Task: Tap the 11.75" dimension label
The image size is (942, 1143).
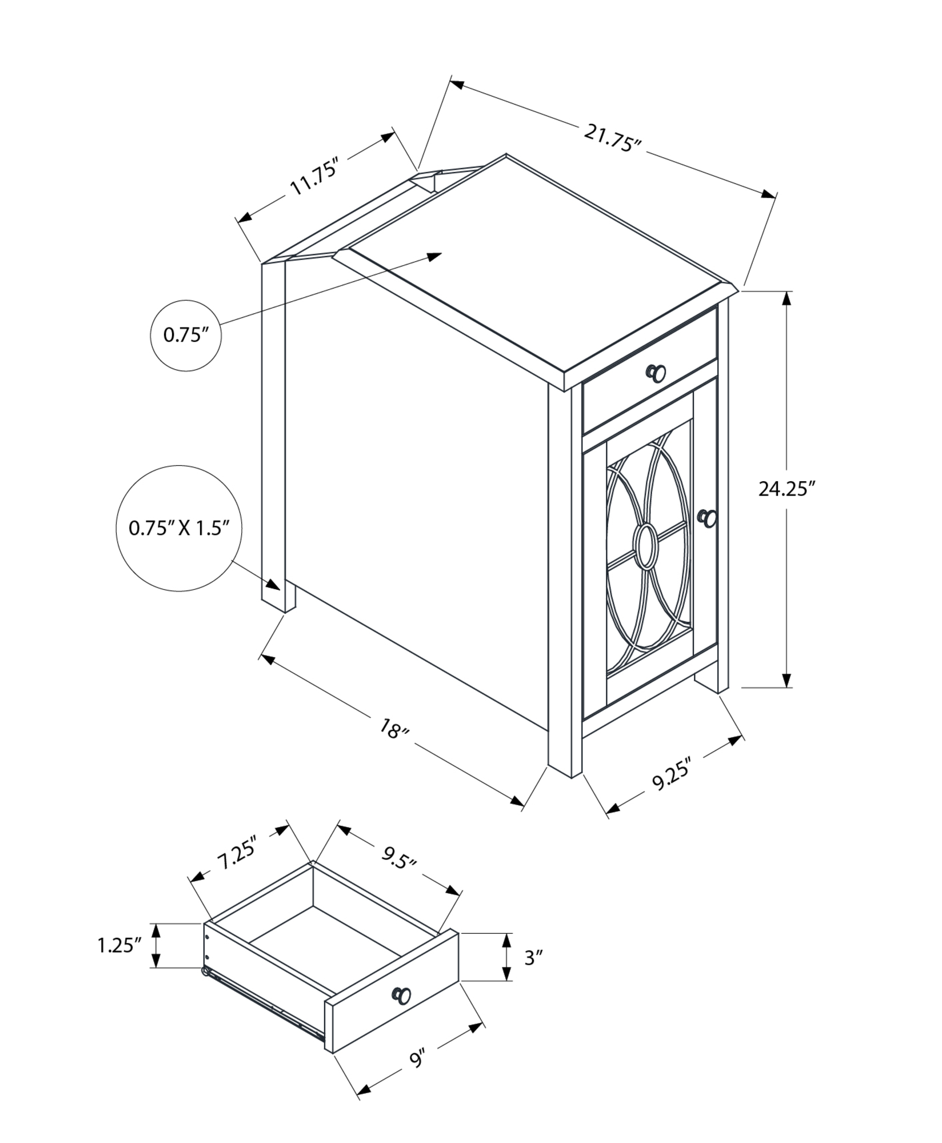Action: [316, 177]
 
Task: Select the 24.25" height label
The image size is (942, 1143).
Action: [786, 489]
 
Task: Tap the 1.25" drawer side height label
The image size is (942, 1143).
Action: [119, 945]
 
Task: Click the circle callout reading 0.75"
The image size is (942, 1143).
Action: [185, 335]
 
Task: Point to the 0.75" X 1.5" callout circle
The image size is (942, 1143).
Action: [179, 528]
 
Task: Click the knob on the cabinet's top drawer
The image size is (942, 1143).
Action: [656, 373]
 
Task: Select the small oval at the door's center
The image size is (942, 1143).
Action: [646, 545]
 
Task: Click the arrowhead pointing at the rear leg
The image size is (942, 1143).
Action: [273, 585]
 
